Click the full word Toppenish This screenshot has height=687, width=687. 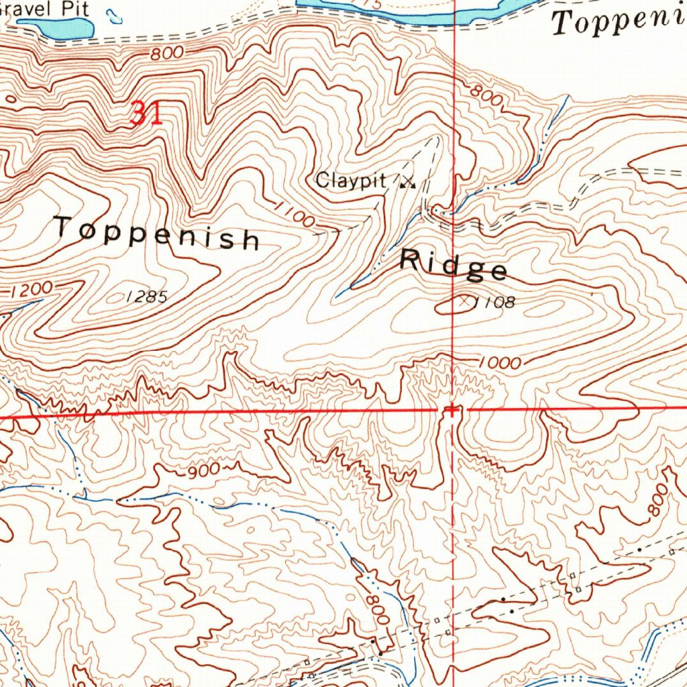[x=157, y=232]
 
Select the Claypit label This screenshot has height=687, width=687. [x=351, y=180]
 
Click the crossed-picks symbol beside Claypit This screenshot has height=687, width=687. [x=407, y=180]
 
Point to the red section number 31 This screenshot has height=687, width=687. [x=146, y=113]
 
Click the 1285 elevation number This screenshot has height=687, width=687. [x=146, y=296]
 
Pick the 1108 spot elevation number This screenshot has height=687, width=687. [x=495, y=303]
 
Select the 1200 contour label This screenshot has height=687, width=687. [x=32, y=290]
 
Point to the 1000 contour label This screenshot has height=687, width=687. [x=500, y=364]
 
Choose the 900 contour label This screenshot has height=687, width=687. [x=203, y=470]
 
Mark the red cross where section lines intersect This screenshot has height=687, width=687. [x=453, y=409]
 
